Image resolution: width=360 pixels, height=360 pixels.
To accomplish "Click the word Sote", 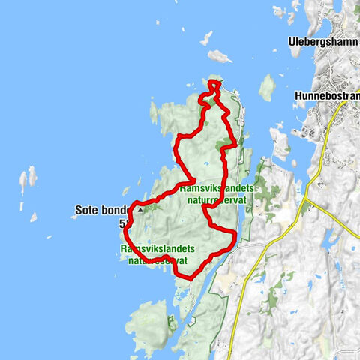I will pyautogui.click(x=88, y=211).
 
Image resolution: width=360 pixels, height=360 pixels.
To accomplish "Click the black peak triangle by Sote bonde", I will pyautogui.click(x=139, y=211).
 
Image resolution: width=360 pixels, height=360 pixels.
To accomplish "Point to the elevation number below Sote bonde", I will pyautogui.click(x=122, y=223).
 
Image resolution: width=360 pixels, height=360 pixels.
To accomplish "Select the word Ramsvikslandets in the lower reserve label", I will pyautogui.click(x=157, y=248).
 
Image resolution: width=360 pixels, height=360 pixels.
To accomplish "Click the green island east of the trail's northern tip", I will pyautogui.click(x=267, y=87).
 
